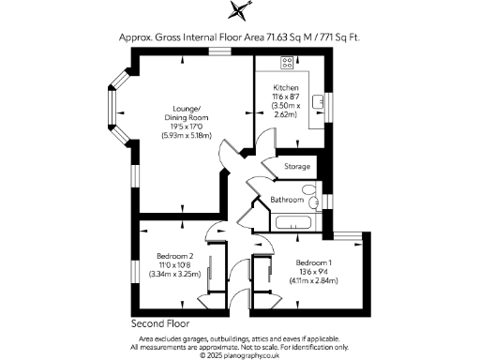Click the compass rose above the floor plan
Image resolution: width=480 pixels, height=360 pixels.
tap(240, 10)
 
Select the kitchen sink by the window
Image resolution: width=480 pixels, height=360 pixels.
tap(319, 98)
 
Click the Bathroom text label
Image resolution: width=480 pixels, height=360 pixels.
tap(287, 200)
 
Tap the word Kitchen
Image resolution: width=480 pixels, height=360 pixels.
tap(286, 85)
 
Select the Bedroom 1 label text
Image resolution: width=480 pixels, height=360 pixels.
tap(314, 262)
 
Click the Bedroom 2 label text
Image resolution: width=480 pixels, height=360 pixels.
tap(175, 256)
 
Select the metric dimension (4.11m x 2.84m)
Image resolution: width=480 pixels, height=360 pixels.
tap(314, 279)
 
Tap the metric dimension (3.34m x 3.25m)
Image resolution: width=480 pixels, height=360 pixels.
tap(175, 273)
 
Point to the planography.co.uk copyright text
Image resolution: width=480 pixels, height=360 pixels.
tap(240, 355)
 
